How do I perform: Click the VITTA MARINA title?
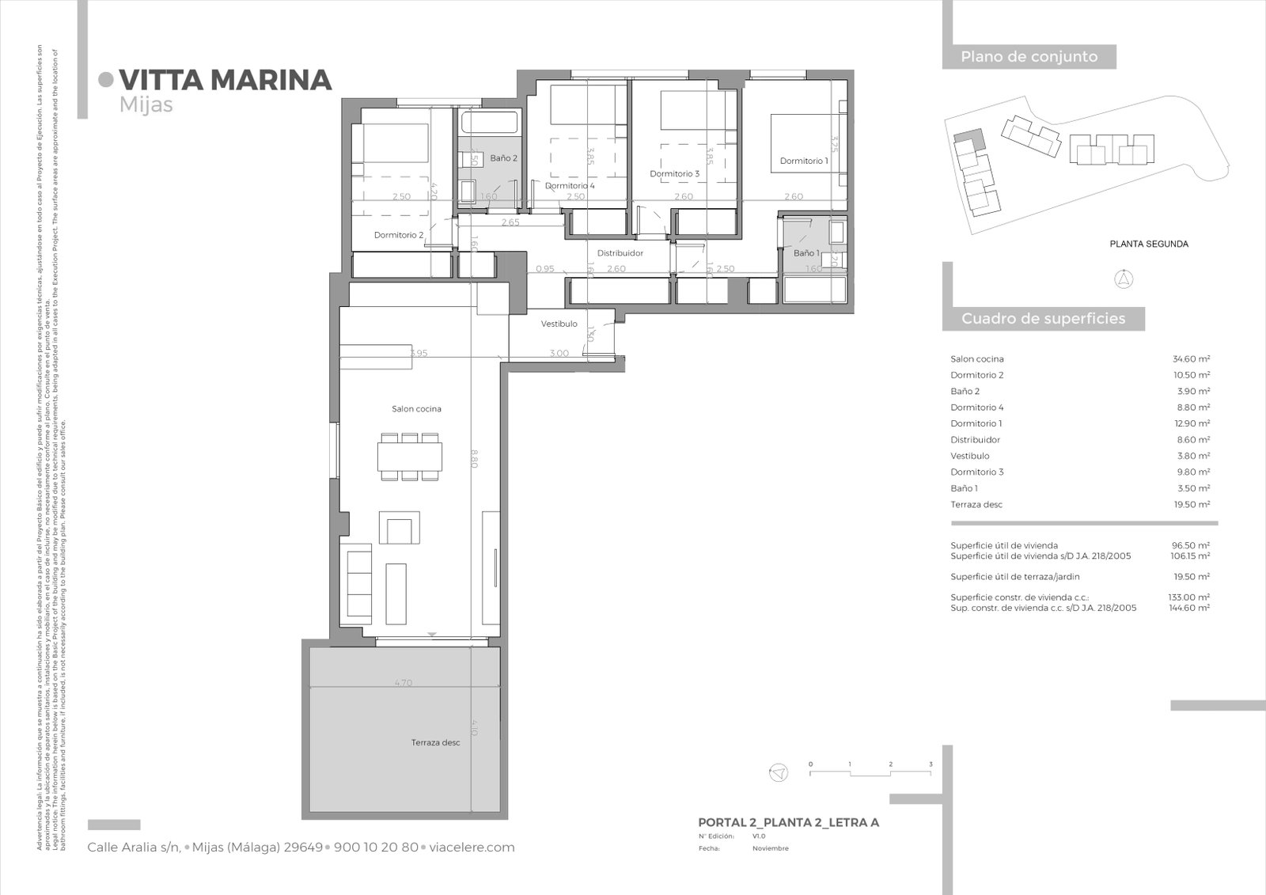tap(225, 80)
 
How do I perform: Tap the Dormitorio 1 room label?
tap(804, 161)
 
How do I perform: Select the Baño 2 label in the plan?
tap(503, 158)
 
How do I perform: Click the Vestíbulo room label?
tap(559, 324)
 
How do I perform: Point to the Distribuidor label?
tap(620, 253)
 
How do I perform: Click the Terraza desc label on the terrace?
tap(435, 742)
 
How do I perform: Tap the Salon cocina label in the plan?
tap(416, 409)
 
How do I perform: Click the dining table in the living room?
tap(409, 457)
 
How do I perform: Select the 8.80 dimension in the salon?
tap(473, 459)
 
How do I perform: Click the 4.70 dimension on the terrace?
tap(403, 683)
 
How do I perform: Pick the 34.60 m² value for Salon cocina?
tap(1191, 359)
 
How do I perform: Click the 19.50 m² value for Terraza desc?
tap(1191, 504)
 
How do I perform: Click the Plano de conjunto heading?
tap(1029, 57)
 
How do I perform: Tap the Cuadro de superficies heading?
tap(1043, 319)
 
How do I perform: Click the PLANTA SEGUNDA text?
tap(1148, 244)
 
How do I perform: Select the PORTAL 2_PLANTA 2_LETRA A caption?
tap(788, 822)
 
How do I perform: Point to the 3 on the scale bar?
tap(931, 764)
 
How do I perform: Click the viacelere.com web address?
tap(472, 848)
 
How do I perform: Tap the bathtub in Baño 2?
tap(490, 123)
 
